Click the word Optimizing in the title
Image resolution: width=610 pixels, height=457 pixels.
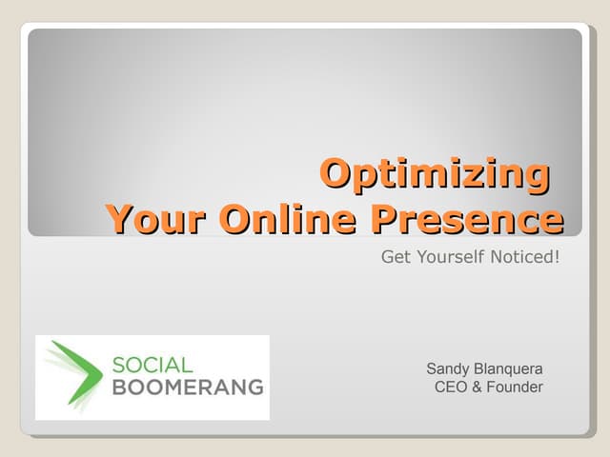(x=435, y=174)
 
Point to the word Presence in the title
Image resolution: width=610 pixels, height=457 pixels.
(x=467, y=219)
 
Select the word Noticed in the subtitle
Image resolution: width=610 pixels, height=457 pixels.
(x=519, y=257)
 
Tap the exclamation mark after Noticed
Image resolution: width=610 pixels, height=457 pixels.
(x=556, y=257)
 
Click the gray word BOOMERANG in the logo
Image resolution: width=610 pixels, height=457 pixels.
(x=187, y=387)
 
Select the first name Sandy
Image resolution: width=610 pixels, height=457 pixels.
(x=447, y=369)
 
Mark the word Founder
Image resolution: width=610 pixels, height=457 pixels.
(x=515, y=387)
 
